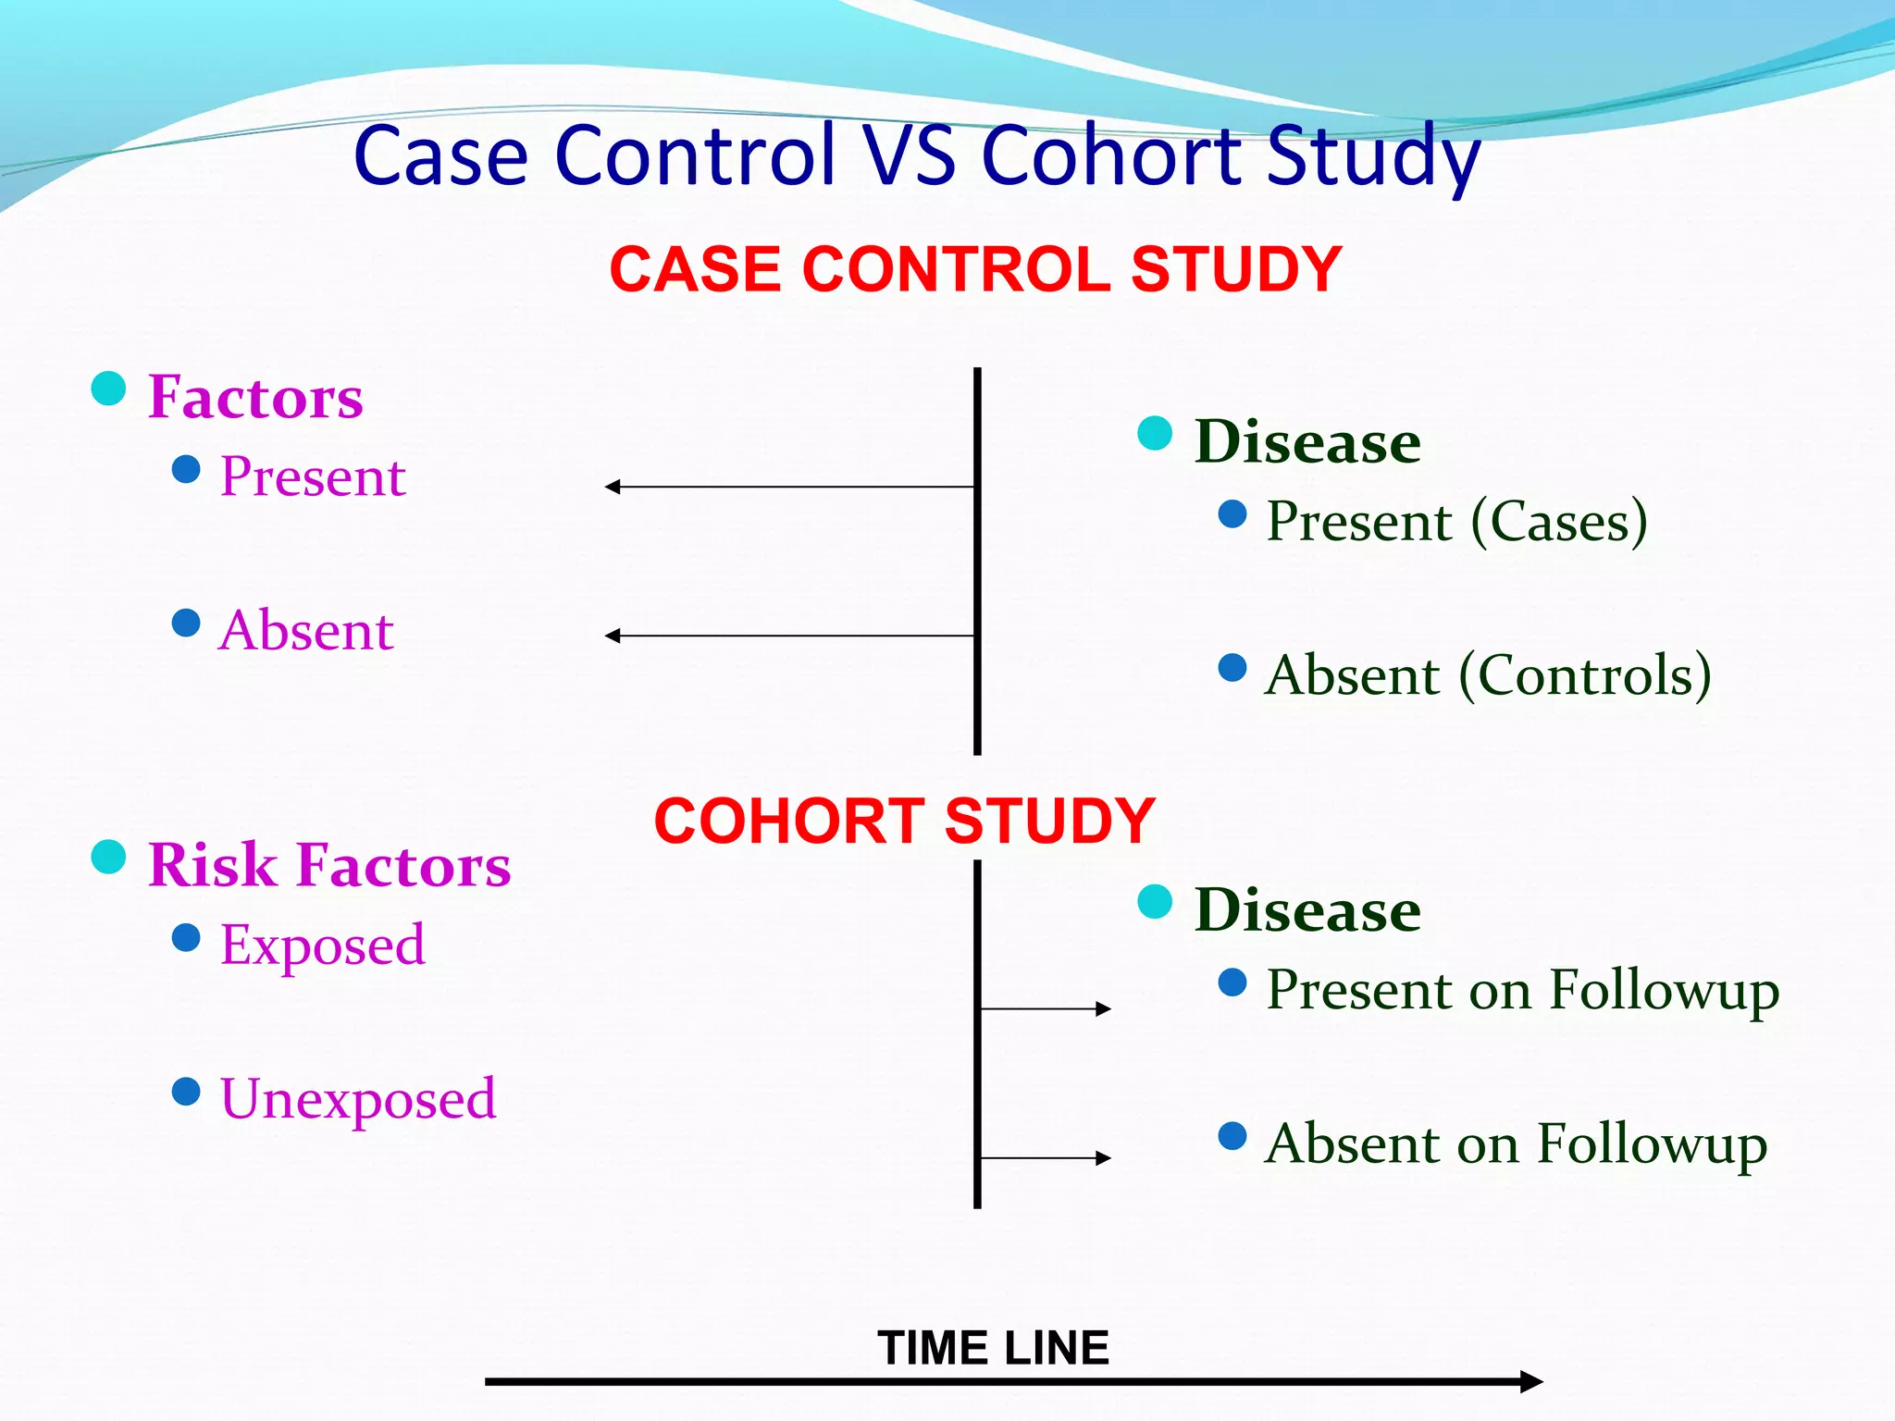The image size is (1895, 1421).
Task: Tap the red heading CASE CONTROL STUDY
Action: tap(975, 269)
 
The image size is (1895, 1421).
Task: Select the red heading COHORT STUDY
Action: tap(904, 821)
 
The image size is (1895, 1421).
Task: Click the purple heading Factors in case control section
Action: tap(255, 397)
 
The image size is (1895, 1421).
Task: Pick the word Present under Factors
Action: tap(313, 476)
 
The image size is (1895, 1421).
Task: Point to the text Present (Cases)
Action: tap(1456, 521)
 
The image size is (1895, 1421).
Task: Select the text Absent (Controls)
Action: tap(1488, 674)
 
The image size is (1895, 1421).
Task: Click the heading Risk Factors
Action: tap(328, 865)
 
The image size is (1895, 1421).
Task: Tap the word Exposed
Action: tap(322, 945)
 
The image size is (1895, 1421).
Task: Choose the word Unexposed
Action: tap(357, 1098)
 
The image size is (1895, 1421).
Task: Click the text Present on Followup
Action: tap(1522, 989)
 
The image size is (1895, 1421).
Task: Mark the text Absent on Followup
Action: tap(1516, 1143)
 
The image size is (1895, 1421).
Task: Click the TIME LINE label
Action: tap(993, 1347)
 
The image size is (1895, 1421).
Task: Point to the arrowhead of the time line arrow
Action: tap(1531, 1382)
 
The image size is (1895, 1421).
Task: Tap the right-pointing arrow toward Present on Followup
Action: tap(1046, 1008)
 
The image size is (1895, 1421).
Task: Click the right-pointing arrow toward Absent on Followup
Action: tap(1046, 1158)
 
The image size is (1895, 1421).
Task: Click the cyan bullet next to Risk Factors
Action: tap(108, 857)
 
